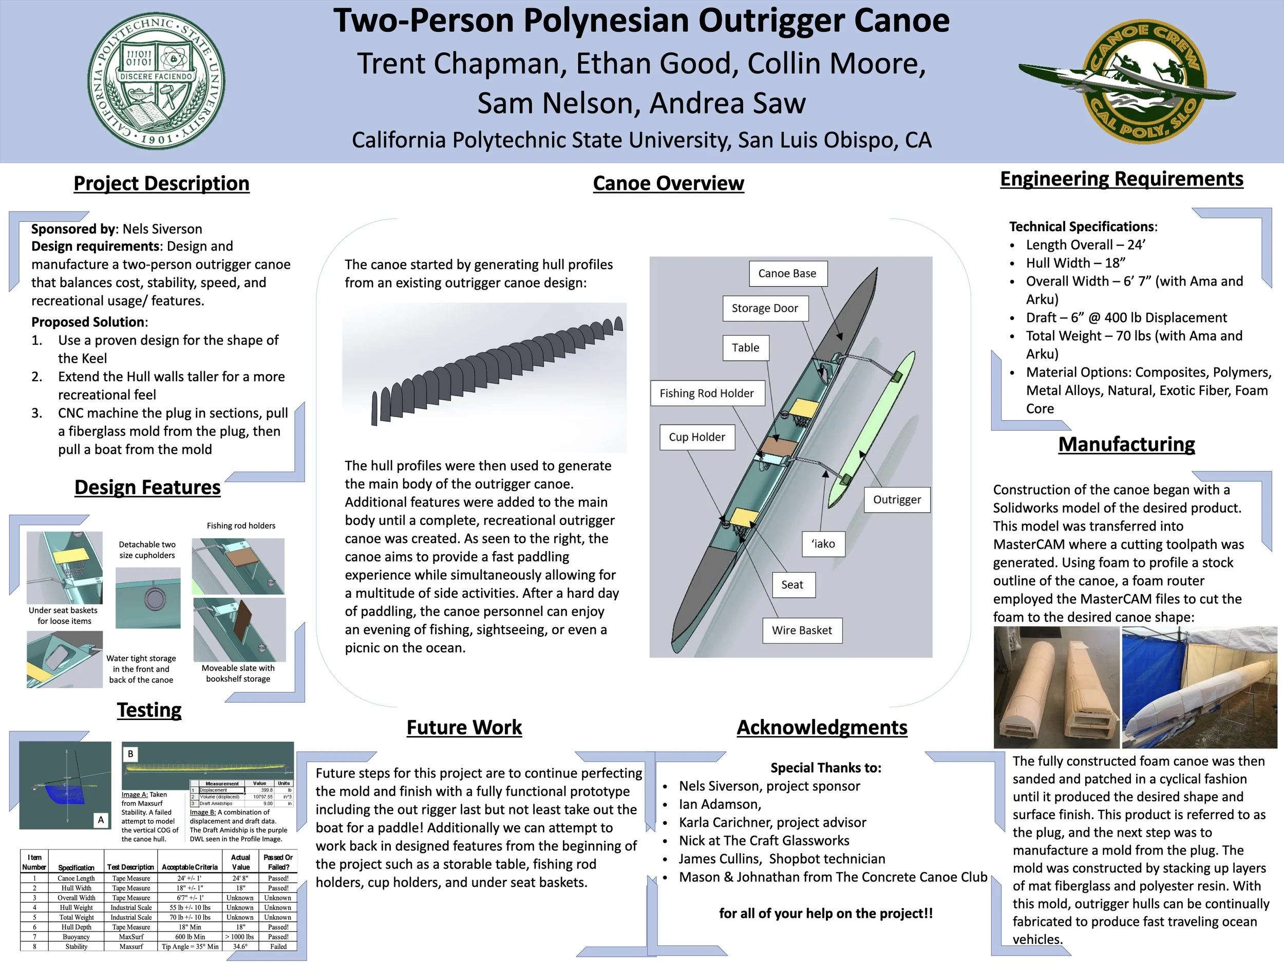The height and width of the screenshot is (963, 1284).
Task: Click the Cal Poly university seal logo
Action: point(157,81)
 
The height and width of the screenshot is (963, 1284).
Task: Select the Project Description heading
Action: point(161,183)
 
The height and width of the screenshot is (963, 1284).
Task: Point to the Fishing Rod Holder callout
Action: point(706,393)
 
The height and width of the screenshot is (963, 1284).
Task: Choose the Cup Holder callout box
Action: point(696,437)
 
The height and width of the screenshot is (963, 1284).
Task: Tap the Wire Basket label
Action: point(802,630)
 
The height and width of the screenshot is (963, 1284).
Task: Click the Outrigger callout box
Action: point(897,500)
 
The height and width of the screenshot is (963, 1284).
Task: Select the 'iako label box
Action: point(823,544)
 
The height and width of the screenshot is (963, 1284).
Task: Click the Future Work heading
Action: point(464,727)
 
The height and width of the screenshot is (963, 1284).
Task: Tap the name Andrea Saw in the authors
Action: point(728,103)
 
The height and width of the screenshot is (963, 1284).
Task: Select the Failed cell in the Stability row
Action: point(278,947)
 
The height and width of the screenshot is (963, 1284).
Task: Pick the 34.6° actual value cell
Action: point(240,947)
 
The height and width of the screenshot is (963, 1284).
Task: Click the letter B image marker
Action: point(130,754)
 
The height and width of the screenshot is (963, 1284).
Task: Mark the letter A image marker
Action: point(101,820)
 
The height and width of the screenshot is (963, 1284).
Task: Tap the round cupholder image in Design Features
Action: point(148,598)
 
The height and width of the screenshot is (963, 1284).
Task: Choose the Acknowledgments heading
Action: point(821,727)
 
